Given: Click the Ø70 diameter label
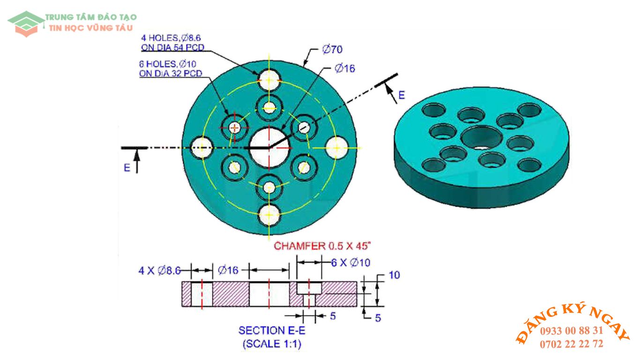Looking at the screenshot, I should [x=334, y=49].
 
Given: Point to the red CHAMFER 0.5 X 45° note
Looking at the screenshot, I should [x=323, y=246].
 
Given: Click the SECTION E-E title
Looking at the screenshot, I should [x=272, y=330].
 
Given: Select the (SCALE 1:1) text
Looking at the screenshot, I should [x=272, y=344].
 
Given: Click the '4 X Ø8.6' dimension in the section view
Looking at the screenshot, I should [x=159, y=270].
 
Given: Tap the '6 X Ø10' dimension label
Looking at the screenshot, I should [x=350, y=263].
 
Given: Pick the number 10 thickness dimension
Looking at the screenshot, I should [x=394, y=275].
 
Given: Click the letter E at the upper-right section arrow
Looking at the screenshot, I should [x=402, y=96].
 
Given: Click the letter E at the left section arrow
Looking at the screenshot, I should [x=127, y=168].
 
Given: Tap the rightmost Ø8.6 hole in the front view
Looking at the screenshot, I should [x=336, y=148].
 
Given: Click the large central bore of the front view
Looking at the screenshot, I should [x=269, y=147].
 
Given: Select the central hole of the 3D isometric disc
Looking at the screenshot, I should [x=482, y=137].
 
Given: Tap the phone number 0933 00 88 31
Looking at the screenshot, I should [x=572, y=330].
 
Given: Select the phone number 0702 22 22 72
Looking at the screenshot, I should [x=572, y=344].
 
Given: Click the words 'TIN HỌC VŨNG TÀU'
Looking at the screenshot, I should [x=91, y=28].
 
